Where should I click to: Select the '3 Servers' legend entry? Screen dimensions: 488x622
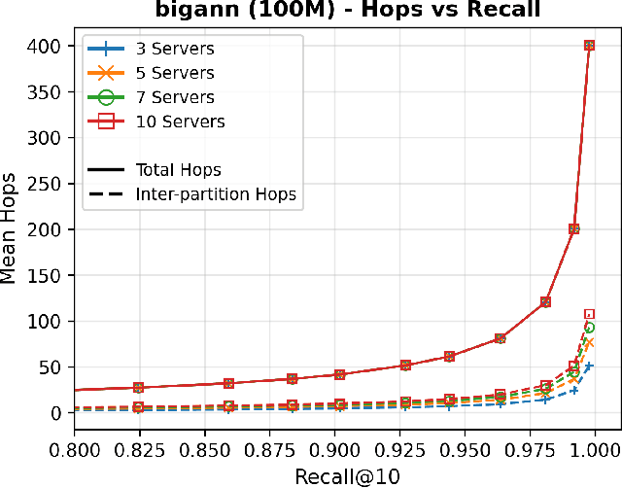click(x=174, y=49)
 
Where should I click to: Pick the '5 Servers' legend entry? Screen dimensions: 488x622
click(x=174, y=73)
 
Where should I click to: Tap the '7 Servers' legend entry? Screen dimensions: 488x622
click(x=174, y=97)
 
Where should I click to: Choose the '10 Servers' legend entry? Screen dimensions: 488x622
click(x=179, y=122)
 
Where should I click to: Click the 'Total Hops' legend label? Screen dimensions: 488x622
click(x=179, y=169)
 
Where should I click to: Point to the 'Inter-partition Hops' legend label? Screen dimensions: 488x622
click(x=216, y=193)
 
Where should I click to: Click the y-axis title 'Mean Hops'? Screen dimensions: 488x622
click(x=11, y=229)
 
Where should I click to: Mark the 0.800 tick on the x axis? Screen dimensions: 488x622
click(x=75, y=449)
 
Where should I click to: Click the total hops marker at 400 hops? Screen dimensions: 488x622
click(x=589, y=46)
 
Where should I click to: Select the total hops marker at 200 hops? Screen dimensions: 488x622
click(x=574, y=229)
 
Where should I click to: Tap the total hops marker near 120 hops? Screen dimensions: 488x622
click(x=546, y=302)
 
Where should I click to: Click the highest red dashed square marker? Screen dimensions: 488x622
click(x=589, y=314)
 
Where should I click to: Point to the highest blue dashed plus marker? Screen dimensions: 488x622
click(x=589, y=366)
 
